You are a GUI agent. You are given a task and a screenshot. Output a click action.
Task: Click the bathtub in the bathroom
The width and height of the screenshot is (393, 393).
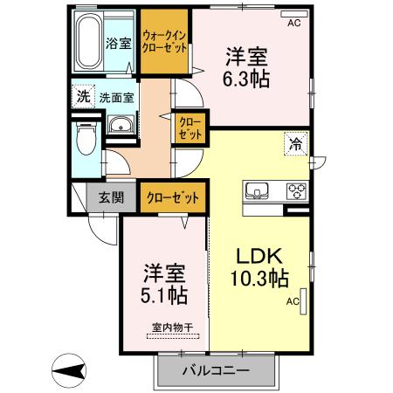(90, 44)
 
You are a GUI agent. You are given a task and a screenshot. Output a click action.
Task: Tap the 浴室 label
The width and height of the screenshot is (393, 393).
(119, 42)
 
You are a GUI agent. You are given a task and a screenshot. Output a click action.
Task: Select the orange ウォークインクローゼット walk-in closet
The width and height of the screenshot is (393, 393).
(165, 42)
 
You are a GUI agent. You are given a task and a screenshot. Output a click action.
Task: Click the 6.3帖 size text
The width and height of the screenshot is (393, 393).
(245, 79)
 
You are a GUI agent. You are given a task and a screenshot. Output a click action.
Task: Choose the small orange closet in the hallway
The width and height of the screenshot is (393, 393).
(190, 128)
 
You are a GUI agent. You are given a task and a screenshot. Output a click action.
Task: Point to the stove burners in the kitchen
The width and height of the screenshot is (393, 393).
(295, 191)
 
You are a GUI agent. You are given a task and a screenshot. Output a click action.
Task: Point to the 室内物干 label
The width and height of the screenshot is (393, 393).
(172, 328)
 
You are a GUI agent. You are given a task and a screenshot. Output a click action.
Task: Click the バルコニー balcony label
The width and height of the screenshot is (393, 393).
(216, 371)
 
